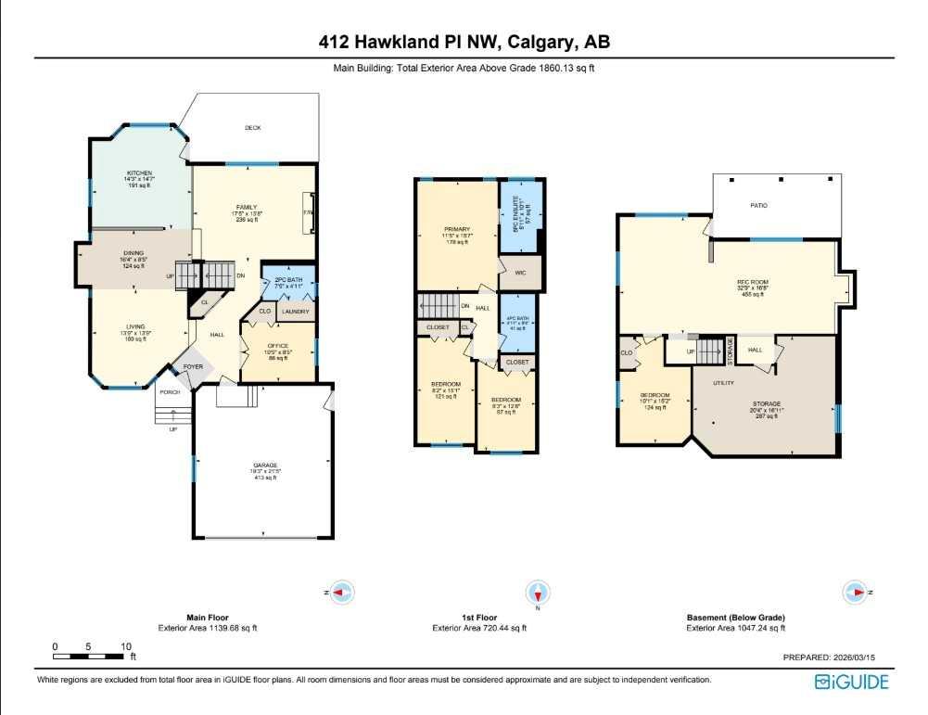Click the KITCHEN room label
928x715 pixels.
pos(139,173)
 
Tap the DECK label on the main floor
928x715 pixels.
pos(251,128)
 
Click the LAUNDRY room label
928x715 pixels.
pos(295,312)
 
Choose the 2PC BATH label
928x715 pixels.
pos(289,281)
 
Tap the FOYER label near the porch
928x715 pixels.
pos(193,366)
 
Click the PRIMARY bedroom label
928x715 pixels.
pos(456,229)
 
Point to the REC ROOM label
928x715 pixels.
pos(753,282)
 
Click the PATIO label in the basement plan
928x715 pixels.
pos(758,205)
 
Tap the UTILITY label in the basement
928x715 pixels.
pos(723,382)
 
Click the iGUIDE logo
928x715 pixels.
pos(851,683)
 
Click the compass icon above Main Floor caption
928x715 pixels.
pos(343,592)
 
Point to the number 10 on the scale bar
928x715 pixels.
pos(125,646)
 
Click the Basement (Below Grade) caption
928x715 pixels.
pos(735,618)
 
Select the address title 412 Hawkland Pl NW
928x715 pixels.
pos(464,42)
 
